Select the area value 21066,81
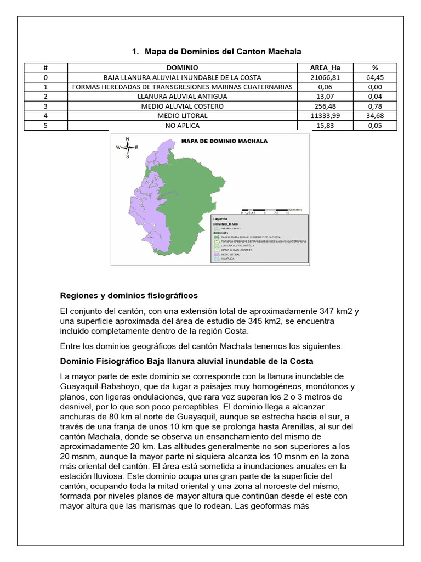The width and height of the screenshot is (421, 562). pyautogui.click(x=325, y=77)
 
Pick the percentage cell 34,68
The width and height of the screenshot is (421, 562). pyautogui.click(x=375, y=115)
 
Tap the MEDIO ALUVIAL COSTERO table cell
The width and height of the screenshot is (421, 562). pyautogui.click(x=182, y=106)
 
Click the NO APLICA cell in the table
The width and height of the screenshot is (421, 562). pyautogui.click(x=182, y=125)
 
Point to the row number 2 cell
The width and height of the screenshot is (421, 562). pyautogui.click(x=45, y=97)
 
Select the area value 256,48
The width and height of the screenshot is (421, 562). pyautogui.click(x=325, y=106)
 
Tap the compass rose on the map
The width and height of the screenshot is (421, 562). pyautogui.click(x=127, y=147)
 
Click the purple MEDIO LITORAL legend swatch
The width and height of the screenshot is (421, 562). pyautogui.click(x=217, y=255)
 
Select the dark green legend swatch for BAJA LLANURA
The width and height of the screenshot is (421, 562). pyautogui.click(x=217, y=237)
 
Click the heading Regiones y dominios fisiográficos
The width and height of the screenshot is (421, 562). pyautogui.click(x=129, y=296)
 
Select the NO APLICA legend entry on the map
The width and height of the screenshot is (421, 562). pyautogui.click(x=228, y=259)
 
